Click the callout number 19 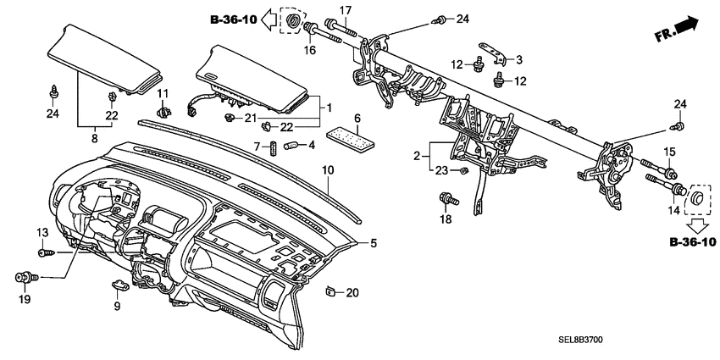pos(24,299)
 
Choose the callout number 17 pos(345,11)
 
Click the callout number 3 pos(520,58)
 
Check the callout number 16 pos(309,50)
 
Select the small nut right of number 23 pos(465,171)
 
